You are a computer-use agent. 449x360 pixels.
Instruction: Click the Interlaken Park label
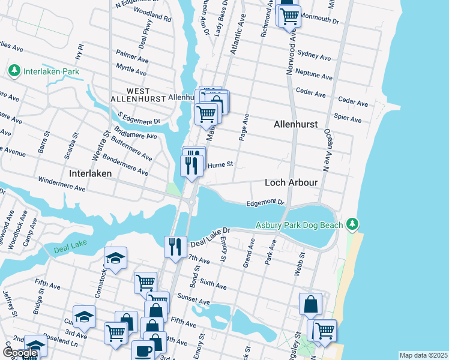pos(51,72)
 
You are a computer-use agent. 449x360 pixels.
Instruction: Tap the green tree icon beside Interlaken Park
pos(14,71)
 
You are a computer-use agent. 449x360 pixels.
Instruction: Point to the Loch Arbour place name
pos(291,182)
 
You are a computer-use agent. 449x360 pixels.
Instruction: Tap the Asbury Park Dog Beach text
pos(300,225)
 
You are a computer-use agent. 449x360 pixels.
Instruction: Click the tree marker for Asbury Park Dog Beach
pos(354,224)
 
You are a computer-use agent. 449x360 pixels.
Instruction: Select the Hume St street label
pos(220,164)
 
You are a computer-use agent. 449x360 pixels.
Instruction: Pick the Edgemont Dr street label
pos(265,203)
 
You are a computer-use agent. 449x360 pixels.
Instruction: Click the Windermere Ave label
pos(62,184)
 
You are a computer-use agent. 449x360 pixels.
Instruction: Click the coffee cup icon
pos(143,351)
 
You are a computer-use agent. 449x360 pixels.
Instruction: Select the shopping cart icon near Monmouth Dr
pos(289,16)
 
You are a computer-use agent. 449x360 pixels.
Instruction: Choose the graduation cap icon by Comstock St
pos(115,259)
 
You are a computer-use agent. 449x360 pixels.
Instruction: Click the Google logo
pos(20,353)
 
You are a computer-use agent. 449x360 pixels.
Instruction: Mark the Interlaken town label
pos(91,173)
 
